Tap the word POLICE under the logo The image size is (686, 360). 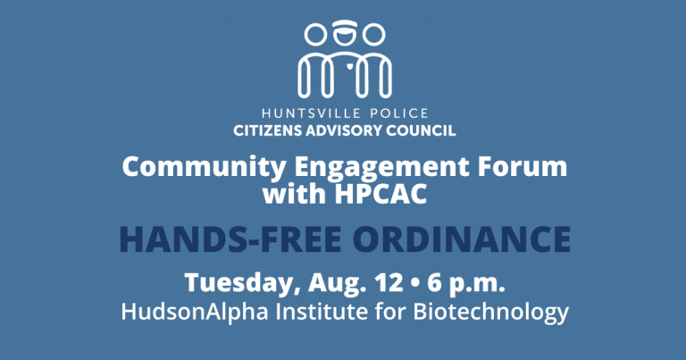click(x=399, y=113)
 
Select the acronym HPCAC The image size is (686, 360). click(x=381, y=194)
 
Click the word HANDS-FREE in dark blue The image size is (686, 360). click(x=230, y=239)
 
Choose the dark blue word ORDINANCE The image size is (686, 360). click(x=462, y=239)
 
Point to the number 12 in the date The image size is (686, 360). click(x=389, y=282)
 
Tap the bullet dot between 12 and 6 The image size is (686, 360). click(x=414, y=283)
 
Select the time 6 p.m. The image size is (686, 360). click(x=466, y=284)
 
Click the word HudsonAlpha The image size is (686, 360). click(x=195, y=312)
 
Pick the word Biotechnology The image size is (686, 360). click(x=490, y=313)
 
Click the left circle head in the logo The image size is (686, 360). click(x=315, y=35)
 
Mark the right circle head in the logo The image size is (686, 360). click(x=373, y=35)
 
